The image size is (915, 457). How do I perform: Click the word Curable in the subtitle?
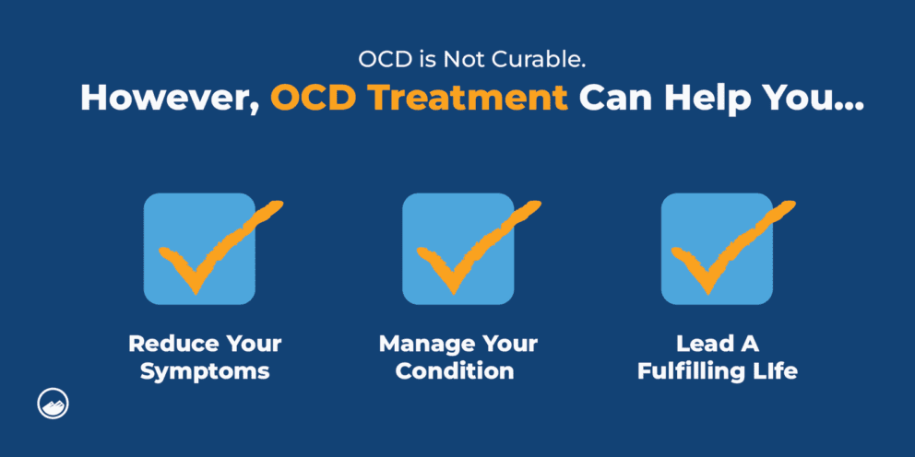[519, 62]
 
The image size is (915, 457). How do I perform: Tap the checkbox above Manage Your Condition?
[457, 249]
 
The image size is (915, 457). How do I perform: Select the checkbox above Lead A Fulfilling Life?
[717, 249]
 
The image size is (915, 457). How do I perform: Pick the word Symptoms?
[205, 371]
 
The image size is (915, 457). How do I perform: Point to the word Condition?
[458, 371]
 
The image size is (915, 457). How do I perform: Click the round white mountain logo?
[54, 404]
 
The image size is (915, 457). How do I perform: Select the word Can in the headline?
[613, 97]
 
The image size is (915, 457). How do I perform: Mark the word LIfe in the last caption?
[773, 371]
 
